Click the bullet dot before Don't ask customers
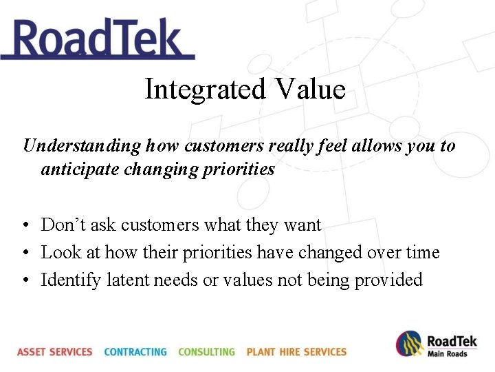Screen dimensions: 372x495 [25, 226]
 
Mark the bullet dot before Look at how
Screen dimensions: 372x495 [25, 254]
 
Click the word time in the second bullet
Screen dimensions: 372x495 [421, 252]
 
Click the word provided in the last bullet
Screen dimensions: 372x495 [388, 280]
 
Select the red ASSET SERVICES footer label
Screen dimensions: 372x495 [54, 351]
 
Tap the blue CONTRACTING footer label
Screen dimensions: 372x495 [135, 351]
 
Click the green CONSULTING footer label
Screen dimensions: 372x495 [206, 351]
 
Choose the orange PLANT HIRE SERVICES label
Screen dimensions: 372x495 [296, 351]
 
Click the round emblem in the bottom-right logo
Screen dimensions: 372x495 [409, 344]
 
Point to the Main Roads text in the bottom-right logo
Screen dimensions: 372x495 [447, 353]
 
